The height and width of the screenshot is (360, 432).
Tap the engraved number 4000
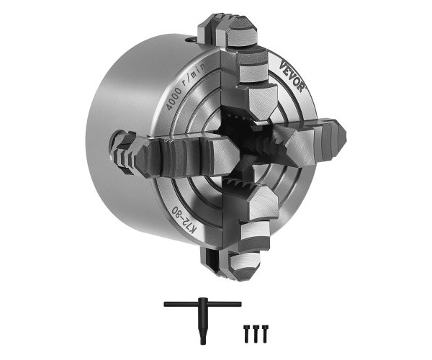click(174, 99)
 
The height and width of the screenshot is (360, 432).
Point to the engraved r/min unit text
click(196, 74)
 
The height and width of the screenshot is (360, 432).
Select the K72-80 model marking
click(185, 220)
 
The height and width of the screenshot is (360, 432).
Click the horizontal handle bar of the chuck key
click(202, 304)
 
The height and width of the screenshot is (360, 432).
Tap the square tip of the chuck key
click(203, 341)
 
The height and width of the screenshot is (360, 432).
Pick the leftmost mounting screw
click(246, 334)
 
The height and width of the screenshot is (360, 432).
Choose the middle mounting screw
click(256, 334)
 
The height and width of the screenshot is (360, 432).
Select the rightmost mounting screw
click(265, 334)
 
